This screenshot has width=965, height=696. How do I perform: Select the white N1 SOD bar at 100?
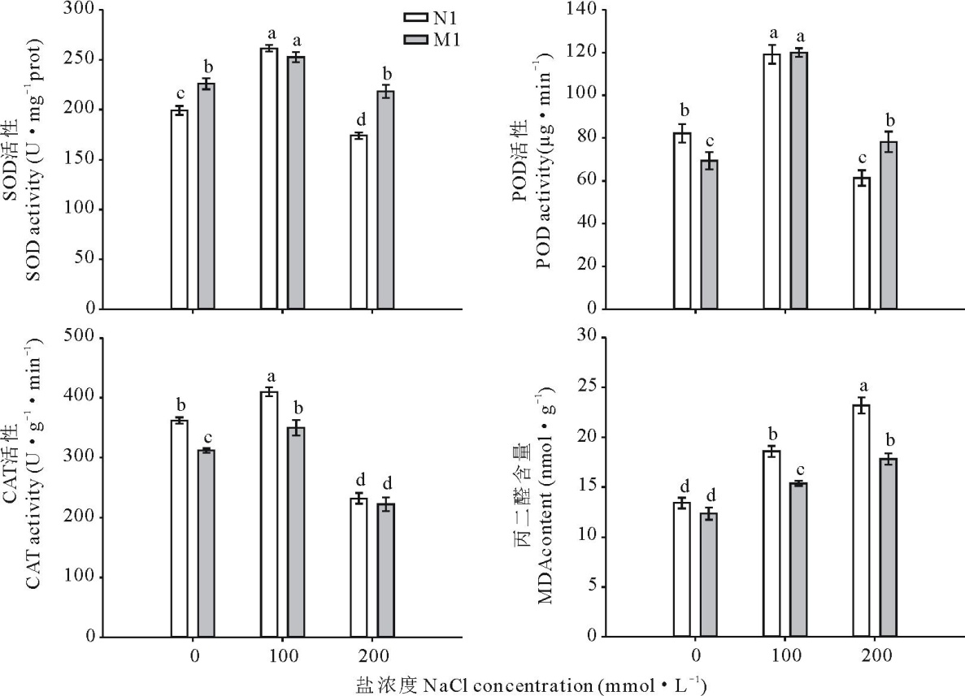pyautogui.click(x=269, y=179)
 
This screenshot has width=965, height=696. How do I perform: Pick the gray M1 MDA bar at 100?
pyautogui.click(x=798, y=560)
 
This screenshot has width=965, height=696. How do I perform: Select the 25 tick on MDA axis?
pyautogui.click(x=591, y=387)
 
